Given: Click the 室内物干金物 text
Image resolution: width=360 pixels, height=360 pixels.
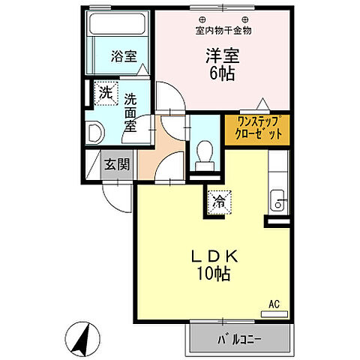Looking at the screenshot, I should click(x=223, y=31).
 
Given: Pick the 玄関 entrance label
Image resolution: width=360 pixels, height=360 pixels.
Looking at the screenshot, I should click(x=115, y=164).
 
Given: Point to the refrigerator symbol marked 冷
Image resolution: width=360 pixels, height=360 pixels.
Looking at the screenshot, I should click(x=218, y=200).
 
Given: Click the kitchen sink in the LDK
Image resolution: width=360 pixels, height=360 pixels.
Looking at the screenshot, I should click(x=276, y=201).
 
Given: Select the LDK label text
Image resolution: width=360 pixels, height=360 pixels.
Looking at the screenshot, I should click(x=214, y=256).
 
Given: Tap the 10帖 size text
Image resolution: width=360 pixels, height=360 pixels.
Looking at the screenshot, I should click(x=214, y=274).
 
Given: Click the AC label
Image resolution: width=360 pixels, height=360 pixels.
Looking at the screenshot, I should click(x=274, y=304).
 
